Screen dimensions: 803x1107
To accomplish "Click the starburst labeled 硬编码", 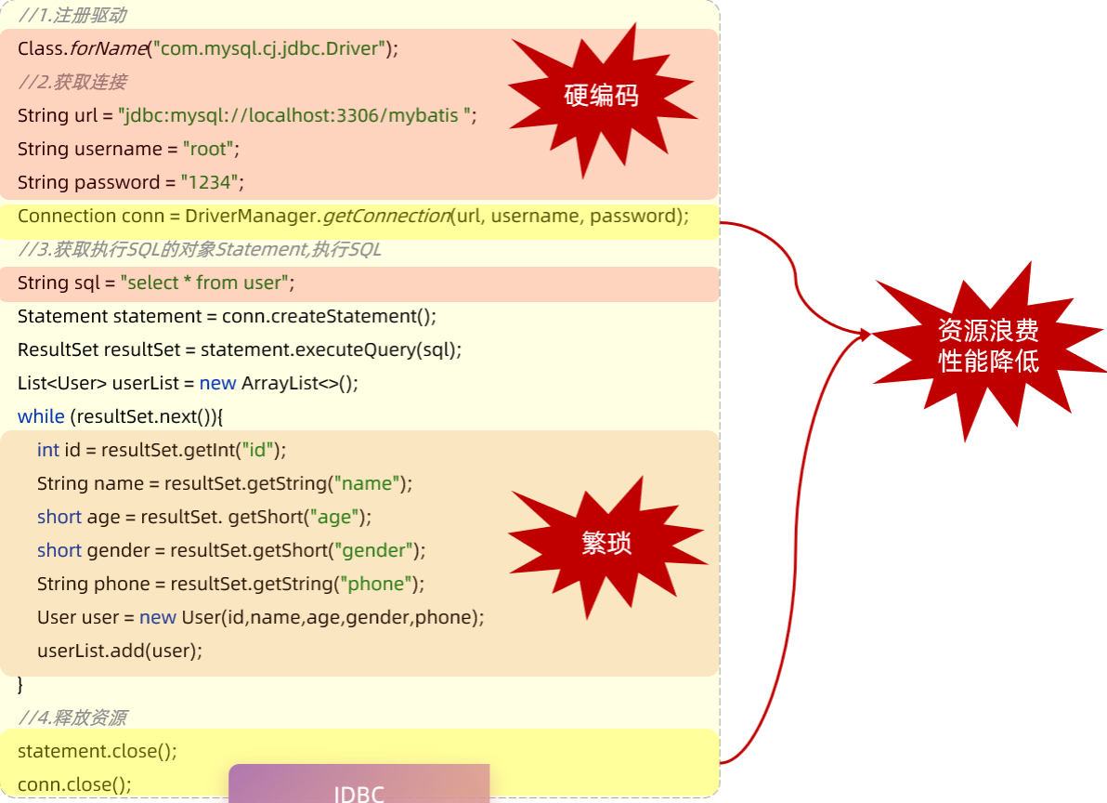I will tap(602, 96).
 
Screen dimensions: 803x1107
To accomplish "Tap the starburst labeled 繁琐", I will tap(606, 544).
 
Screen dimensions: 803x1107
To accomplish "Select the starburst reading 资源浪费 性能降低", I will tap(988, 346).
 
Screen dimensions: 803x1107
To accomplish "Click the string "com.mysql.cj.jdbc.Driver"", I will tap(270, 48).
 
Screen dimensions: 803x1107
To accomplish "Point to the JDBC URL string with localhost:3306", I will tap(296, 115).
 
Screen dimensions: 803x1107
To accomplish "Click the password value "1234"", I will tap(213, 182).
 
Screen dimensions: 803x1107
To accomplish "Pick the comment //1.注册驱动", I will tap(72, 15).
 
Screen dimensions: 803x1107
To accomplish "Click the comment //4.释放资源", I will tap(72, 717).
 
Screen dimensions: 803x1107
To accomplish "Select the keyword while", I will tap(41, 416).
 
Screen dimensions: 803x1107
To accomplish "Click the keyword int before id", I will tap(47, 450).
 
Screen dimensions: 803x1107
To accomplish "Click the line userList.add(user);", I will tap(119, 651).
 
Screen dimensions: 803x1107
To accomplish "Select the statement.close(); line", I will tap(97, 751).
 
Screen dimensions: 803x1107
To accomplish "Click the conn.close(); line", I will tap(74, 784).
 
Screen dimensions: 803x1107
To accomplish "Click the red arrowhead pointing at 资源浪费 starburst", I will tap(865, 334).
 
